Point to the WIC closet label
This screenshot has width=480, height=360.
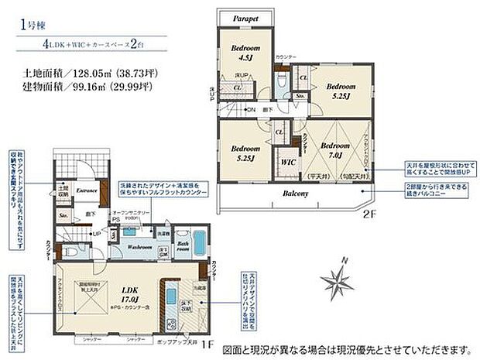click(287, 163)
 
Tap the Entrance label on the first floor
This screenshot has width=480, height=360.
click(85, 190)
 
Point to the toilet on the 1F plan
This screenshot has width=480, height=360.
click(67, 252)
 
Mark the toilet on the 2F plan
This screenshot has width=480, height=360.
click(283, 82)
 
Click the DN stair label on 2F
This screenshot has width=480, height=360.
click(251, 111)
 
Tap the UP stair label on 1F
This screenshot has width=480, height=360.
click(96, 234)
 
